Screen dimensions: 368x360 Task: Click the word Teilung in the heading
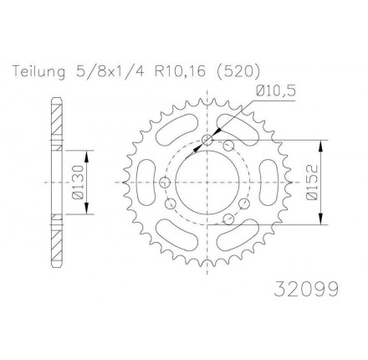point(38,72)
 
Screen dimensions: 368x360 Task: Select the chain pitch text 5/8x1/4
point(109,71)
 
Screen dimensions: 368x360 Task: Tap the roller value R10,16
point(180,71)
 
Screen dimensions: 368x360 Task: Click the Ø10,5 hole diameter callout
point(275,91)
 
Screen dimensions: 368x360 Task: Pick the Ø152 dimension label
point(312,183)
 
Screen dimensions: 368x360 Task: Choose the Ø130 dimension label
point(78,183)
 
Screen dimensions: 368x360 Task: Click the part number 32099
point(306,289)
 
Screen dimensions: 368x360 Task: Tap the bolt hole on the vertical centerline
point(207,140)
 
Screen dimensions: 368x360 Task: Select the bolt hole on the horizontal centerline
point(165,183)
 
